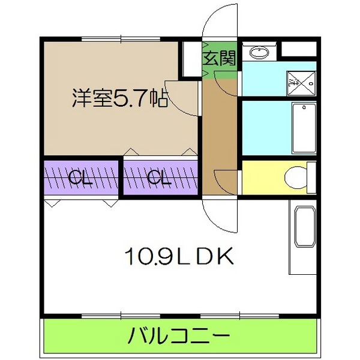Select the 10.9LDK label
(x=178, y=257)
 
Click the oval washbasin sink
(x=259, y=52)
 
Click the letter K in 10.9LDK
(x=223, y=257)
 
